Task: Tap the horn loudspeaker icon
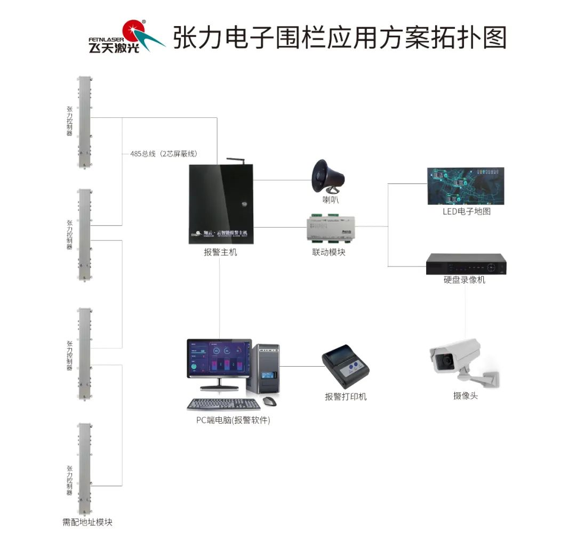[x=327, y=176]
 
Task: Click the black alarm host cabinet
[x=221, y=204]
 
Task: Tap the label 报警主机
[x=220, y=253]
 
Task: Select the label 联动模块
[x=329, y=253]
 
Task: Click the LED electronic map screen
[x=466, y=185]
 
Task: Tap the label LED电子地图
[x=466, y=212]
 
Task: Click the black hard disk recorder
[x=466, y=263]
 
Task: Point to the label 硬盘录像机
[x=465, y=280]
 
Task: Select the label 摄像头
[x=465, y=396]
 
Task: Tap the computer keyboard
[x=220, y=405]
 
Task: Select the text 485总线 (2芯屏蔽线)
[x=164, y=154]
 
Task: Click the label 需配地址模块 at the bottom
[x=87, y=522]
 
